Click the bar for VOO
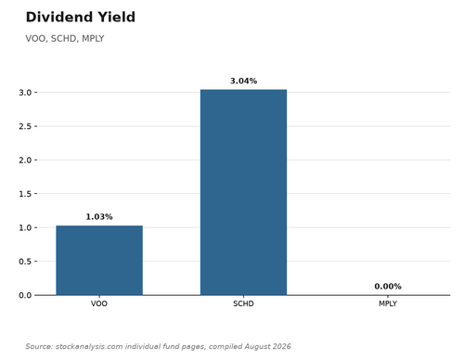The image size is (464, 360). click(99, 261)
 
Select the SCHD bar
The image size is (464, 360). click(243, 192)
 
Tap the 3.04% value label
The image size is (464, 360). click(243, 81)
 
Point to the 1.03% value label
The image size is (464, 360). click(99, 217)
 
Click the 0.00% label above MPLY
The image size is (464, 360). click(388, 287)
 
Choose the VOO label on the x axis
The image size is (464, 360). click(99, 303)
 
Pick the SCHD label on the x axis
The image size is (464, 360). click(243, 303)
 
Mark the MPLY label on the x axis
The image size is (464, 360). click(388, 303)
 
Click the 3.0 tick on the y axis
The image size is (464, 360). click(25, 93)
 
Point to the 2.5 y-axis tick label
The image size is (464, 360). click(25, 126)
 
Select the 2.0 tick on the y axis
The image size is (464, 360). click(25, 161)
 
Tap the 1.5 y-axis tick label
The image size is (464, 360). click(25, 194)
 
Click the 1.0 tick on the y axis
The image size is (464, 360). click(25, 227)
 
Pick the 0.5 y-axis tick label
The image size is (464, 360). click(25, 262)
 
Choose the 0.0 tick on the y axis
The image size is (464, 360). click(25, 295)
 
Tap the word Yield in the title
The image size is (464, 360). click(116, 17)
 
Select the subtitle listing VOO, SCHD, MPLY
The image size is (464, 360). click(65, 39)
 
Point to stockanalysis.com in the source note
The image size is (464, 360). click(89, 346)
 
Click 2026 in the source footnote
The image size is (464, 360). click(282, 346)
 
